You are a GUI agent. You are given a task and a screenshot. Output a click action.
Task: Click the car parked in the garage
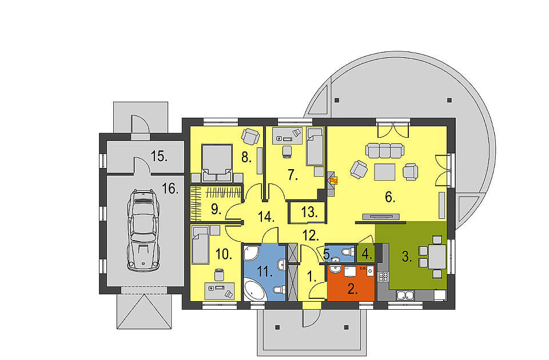(143, 230)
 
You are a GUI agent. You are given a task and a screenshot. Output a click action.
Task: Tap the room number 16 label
(170, 189)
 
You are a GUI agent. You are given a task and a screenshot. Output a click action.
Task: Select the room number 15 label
(160, 156)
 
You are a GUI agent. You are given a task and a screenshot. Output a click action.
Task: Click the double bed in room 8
(217, 163)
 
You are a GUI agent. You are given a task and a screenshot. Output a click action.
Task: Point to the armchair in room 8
(250, 136)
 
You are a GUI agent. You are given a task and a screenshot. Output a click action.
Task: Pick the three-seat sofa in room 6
(385, 150)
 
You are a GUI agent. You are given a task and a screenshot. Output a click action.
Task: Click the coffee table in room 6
(385, 172)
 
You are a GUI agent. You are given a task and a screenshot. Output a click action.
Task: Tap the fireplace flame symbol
(335, 181)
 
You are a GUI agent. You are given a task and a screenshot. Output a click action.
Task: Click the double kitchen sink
(405, 295)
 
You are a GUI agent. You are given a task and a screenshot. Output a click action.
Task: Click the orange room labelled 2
(350, 283)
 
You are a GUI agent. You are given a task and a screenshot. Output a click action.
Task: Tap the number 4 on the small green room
(367, 254)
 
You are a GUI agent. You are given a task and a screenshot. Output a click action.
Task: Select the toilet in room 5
(347, 252)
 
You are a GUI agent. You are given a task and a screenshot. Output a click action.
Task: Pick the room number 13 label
(309, 212)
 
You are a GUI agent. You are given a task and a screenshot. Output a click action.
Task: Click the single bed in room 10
(200, 245)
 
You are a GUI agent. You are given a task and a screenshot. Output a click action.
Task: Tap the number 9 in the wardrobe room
(216, 210)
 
